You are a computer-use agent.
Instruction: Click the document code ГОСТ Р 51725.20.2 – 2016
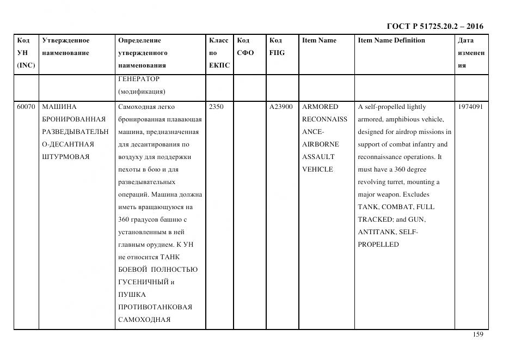(x=434, y=26)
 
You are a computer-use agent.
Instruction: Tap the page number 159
(x=478, y=334)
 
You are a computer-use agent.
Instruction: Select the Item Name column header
(x=319, y=40)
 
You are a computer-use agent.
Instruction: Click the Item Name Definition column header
(x=391, y=40)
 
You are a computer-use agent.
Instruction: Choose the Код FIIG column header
(x=277, y=47)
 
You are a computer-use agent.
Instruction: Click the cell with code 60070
(x=26, y=107)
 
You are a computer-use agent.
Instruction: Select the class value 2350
(x=216, y=107)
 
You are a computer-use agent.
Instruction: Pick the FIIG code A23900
(x=281, y=107)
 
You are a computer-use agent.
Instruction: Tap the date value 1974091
(x=470, y=107)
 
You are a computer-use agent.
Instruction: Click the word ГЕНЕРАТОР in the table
(x=139, y=79)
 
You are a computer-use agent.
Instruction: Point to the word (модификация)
(x=142, y=91)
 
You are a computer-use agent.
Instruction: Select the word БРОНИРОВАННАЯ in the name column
(x=73, y=119)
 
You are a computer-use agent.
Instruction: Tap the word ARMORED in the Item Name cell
(x=320, y=107)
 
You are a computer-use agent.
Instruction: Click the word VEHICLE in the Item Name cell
(x=317, y=169)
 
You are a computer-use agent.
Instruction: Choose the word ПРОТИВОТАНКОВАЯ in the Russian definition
(x=155, y=307)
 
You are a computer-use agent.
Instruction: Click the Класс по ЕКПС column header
(x=219, y=53)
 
